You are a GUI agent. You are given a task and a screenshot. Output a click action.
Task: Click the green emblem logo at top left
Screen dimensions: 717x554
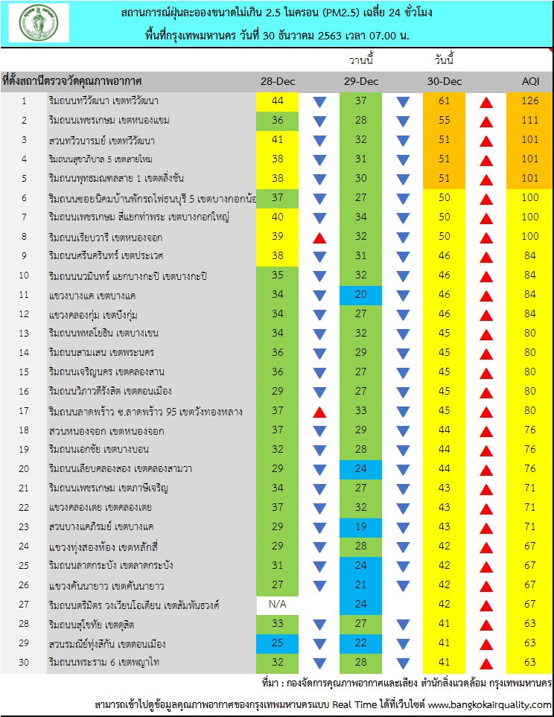coord(43,22)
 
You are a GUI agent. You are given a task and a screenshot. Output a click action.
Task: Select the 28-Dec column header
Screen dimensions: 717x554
coord(277,80)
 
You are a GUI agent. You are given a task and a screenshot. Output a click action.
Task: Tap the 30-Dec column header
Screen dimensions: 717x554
coord(445,80)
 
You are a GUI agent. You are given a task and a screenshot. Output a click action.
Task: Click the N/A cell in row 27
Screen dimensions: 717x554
coord(277,605)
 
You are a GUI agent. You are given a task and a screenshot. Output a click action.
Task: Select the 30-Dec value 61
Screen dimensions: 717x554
coord(445,101)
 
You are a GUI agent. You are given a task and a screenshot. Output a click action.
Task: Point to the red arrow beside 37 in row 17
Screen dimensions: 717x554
coord(319,412)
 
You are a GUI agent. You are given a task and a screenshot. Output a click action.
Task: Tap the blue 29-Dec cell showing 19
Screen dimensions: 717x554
coord(361,527)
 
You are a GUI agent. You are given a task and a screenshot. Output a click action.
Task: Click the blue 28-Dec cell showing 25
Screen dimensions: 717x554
coord(277,643)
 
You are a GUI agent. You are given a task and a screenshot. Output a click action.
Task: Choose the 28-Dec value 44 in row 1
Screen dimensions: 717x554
coord(277,101)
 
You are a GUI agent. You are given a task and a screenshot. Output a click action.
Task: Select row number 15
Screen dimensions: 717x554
coord(24,372)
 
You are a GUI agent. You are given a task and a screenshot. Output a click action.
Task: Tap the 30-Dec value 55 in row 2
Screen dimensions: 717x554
coord(445,120)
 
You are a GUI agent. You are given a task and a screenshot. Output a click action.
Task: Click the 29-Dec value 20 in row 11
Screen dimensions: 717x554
coord(361,294)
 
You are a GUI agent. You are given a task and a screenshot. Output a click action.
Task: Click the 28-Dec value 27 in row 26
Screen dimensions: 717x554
coord(277,585)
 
